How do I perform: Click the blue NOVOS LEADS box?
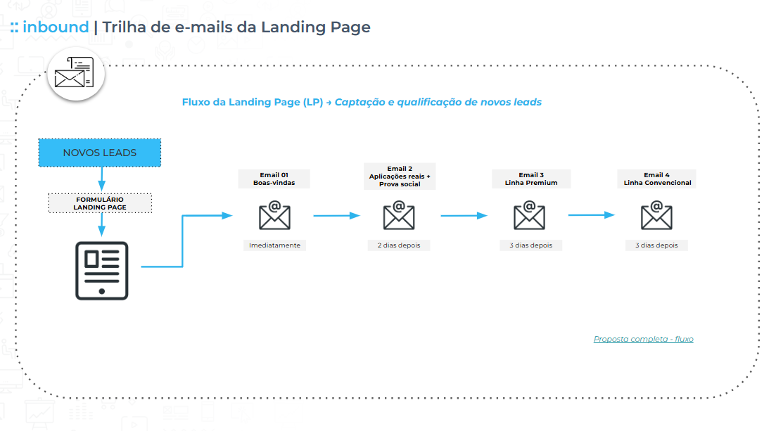[x=99, y=153]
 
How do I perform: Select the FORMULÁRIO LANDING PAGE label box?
[x=100, y=203]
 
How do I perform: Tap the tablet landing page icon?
[x=102, y=271]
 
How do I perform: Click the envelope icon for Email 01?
[x=274, y=216]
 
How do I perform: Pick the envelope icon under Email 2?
[x=398, y=216]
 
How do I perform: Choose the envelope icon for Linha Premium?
[x=529, y=216]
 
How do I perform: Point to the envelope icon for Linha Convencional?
[x=656, y=216]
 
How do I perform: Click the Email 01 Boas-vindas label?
[x=274, y=179]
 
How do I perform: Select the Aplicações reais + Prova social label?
[x=399, y=176]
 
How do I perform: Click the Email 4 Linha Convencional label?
[x=657, y=179]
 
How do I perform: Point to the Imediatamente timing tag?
[x=274, y=245]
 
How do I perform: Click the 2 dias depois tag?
[x=398, y=245]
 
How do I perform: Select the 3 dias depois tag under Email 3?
[x=530, y=245]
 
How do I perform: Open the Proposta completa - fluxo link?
[x=643, y=339]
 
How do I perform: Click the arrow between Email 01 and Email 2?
[x=336, y=216]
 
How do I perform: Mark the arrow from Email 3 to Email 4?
[x=591, y=215]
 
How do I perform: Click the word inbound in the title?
[x=56, y=27]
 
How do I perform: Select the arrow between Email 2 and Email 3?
[x=464, y=216]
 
